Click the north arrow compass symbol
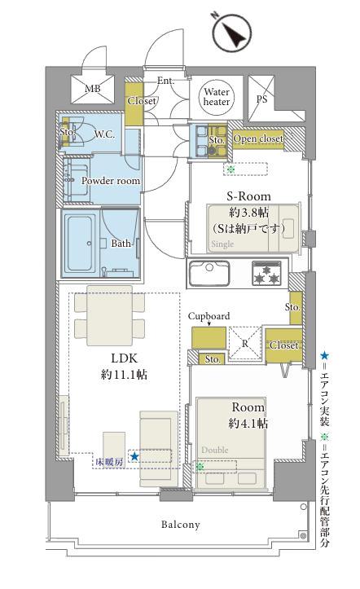(231, 32)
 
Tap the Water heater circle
(217, 97)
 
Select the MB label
(92, 89)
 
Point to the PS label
(261, 99)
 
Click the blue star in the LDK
(134, 456)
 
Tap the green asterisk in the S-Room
(230, 169)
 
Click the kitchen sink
(209, 273)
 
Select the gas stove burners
(266, 273)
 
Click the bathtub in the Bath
(80, 244)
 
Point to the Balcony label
(181, 525)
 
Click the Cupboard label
(209, 317)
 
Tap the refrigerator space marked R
(245, 344)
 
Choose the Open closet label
(258, 139)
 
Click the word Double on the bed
(215, 450)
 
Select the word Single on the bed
(222, 244)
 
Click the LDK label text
(125, 358)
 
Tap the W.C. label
(104, 134)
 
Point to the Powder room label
(111, 181)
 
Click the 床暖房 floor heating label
(109, 462)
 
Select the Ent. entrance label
(165, 81)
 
